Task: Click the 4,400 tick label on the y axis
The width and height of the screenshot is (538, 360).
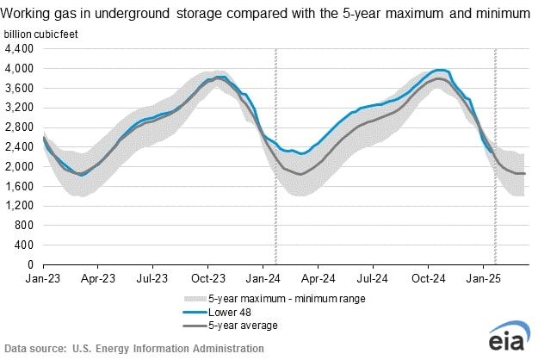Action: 20,48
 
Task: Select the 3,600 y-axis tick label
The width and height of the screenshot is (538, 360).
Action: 20,88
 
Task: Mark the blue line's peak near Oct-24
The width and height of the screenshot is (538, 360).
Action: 441,70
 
